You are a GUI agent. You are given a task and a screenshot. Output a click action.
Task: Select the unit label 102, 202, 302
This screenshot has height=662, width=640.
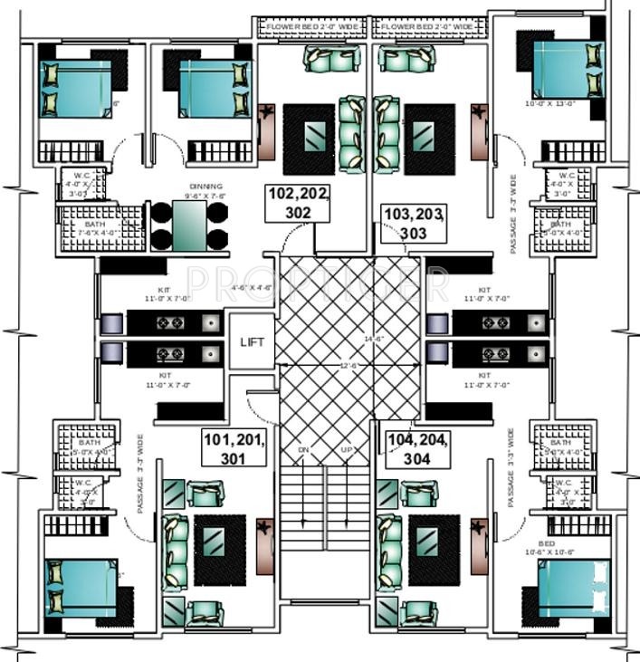point(297,204)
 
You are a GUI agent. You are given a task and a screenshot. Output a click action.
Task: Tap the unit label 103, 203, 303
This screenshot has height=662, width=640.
point(412,223)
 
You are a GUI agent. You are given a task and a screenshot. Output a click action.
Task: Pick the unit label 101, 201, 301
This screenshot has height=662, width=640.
point(234,448)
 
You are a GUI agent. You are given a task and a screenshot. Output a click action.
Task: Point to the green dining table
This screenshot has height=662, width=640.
point(190,225)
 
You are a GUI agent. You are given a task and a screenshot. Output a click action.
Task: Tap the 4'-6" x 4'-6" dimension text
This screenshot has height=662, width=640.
point(253,288)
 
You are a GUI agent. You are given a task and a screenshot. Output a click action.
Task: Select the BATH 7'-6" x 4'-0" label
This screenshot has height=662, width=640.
point(99,230)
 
